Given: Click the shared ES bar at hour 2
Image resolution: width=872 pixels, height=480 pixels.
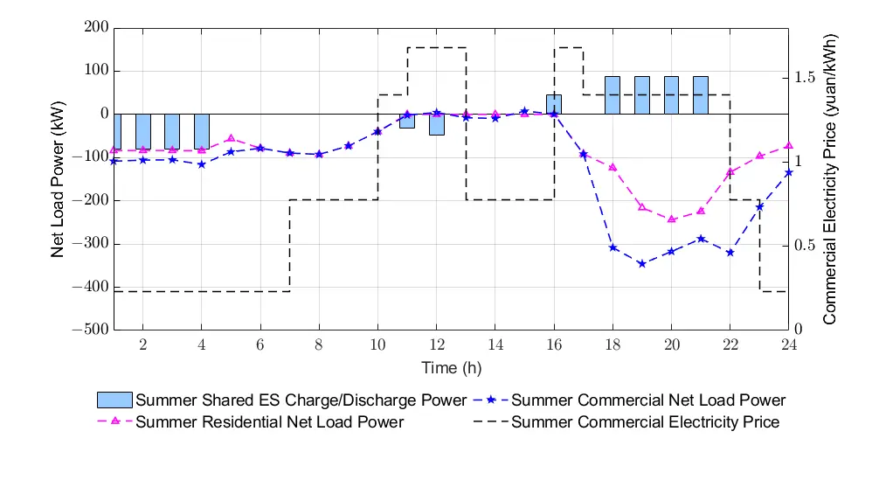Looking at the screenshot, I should pyautogui.click(x=143, y=131).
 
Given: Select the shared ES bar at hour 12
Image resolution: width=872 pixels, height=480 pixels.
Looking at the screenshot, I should pyautogui.click(x=437, y=124).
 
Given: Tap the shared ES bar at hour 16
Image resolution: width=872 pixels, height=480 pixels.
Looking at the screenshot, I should pyautogui.click(x=554, y=104).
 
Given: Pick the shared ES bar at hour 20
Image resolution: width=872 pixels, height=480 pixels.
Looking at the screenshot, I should pyautogui.click(x=671, y=95).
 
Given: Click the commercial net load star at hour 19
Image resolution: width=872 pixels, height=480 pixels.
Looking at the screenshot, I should pyautogui.click(x=641, y=263).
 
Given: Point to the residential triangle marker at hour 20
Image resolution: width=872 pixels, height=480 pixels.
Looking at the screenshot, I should pyautogui.click(x=671, y=219).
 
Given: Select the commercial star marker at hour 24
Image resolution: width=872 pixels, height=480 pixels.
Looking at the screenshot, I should pyautogui.click(x=788, y=172).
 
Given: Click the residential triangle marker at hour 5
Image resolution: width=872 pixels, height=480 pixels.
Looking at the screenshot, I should pyautogui.click(x=231, y=138).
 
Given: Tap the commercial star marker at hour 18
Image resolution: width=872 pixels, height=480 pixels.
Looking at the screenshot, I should pyautogui.click(x=612, y=247).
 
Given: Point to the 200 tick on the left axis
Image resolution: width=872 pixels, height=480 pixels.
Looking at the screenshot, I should pyautogui.click(x=97, y=28).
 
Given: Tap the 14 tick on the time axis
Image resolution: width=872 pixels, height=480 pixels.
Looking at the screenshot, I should pyautogui.click(x=495, y=344).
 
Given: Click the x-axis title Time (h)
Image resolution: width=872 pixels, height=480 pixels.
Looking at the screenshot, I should pyautogui.click(x=451, y=368).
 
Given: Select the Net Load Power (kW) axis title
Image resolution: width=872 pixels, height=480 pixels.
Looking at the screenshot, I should pyautogui.click(x=58, y=179).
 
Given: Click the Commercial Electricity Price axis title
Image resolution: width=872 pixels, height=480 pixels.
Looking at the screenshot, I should pyautogui.click(x=830, y=179).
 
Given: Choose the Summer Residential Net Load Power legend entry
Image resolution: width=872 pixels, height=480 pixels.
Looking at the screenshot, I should pyautogui.click(x=269, y=422).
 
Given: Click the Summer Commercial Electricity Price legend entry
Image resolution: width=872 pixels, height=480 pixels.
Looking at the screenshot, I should pyautogui.click(x=645, y=422).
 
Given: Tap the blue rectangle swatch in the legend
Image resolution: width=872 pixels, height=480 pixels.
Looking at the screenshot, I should pyautogui.click(x=114, y=400).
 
